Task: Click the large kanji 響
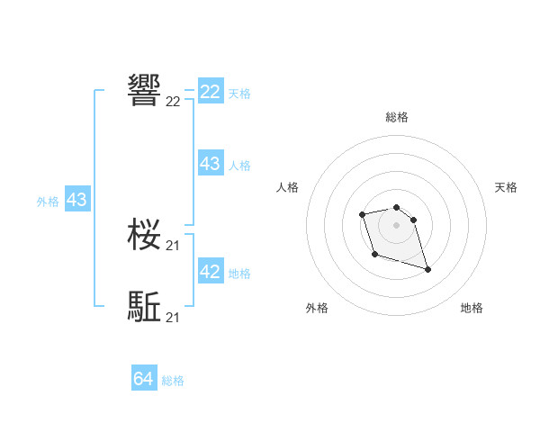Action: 145,90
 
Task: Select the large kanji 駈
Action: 145,307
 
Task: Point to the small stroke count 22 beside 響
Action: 173,102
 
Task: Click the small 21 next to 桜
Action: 173,246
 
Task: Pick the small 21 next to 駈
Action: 173,317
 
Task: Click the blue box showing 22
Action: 211,92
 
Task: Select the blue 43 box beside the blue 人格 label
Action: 211,164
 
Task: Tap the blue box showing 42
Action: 211,272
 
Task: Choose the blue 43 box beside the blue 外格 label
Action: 76,200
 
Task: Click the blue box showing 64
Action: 144,379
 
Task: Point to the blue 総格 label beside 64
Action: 173,381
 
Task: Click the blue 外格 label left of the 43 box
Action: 48,202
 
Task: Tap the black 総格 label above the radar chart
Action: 397,117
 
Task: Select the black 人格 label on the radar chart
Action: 288,187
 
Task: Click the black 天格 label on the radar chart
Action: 506,187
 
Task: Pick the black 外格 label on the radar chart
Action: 317,309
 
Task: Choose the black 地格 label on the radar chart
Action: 472,309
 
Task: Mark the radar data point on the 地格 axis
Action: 427,269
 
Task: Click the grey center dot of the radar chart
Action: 397,224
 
